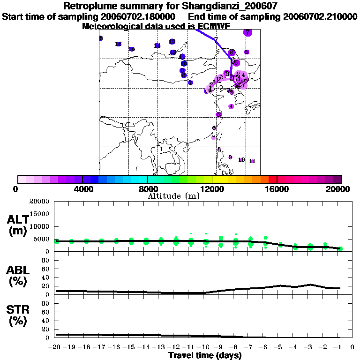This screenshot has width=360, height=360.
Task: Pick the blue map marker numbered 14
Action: click(157, 45)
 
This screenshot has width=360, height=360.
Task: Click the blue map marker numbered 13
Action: click(172, 42)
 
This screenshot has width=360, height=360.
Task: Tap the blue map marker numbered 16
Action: click(119, 44)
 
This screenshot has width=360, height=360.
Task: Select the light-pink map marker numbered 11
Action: click(252, 161)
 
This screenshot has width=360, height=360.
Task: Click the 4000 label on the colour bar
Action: click(82, 189)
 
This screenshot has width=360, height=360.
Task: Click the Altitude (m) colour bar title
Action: click(173, 196)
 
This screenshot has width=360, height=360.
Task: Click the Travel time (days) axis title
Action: click(205, 356)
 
